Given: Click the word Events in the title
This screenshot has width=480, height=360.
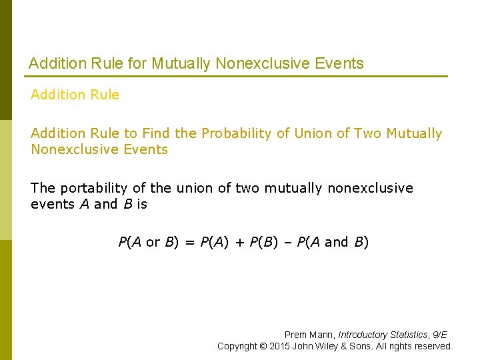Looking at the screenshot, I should pyautogui.click(x=340, y=64).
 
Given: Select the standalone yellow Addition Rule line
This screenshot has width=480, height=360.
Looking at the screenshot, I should pyautogui.click(x=75, y=95).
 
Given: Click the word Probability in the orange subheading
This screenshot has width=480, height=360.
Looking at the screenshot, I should pyautogui.click(x=237, y=133).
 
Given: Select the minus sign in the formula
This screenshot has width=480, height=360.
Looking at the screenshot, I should pyautogui.click(x=285, y=242).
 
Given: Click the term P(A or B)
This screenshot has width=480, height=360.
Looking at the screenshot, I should pyautogui.click(x=149, y=242).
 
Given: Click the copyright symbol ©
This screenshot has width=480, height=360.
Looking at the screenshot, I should pyautogui.click(x=264, y=346).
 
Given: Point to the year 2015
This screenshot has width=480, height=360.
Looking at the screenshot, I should pyautogui.click(x=281, y=346).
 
